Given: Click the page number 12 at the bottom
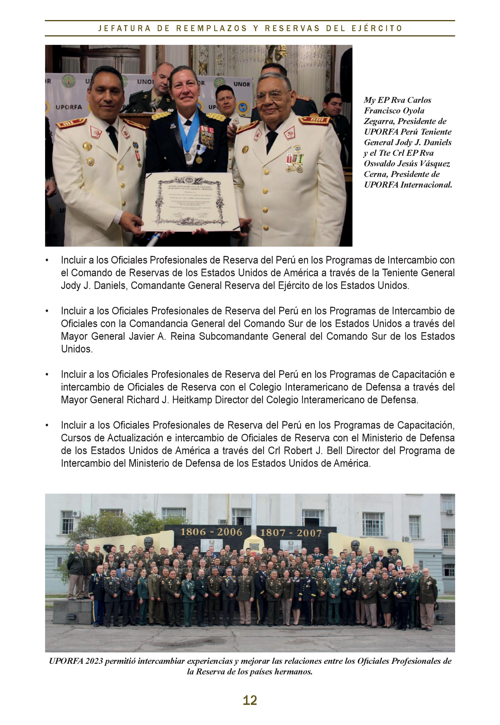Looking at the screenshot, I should click(x=250, y=700).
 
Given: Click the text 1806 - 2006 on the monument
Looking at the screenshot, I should click(x=211, y=532).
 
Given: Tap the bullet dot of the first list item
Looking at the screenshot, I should click(x=47, y=260).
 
